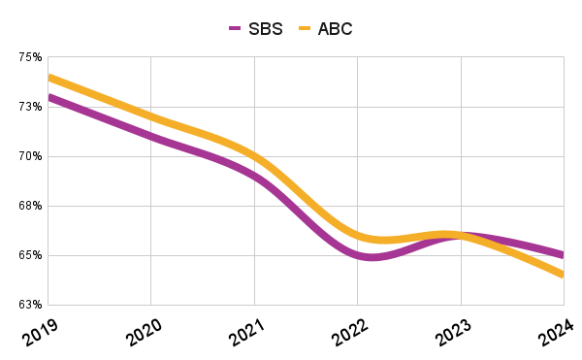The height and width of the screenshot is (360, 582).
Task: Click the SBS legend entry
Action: point(256,28)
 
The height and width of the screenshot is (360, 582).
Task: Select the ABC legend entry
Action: point(324,28)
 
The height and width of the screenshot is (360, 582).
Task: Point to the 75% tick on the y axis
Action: point(30,57)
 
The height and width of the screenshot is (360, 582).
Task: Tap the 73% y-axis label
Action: point(30,107)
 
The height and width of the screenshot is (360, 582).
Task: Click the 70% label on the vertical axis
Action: point(30,156)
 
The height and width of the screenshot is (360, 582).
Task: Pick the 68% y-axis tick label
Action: point(30,206)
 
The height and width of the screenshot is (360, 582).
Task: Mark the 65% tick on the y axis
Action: point(30,255)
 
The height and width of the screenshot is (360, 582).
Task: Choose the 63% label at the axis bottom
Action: point(30,305)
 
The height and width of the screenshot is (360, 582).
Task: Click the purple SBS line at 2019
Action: point(48,97)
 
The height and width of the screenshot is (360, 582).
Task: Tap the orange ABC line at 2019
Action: point(48,77)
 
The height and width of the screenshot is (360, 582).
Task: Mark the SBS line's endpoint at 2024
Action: point(563,255)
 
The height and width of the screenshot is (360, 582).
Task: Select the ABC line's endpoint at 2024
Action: point(563,275)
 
